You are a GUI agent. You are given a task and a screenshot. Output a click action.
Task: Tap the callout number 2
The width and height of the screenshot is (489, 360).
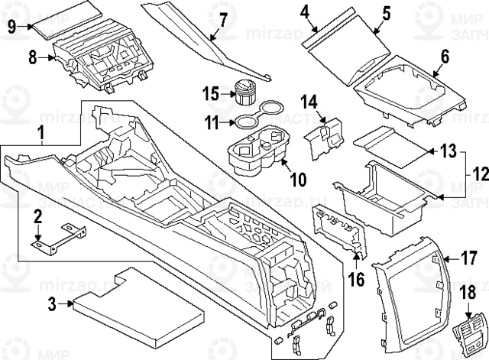[37, 219]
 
